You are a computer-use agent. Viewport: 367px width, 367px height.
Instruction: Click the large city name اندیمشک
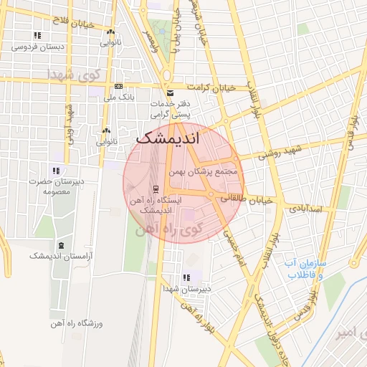(168, 138)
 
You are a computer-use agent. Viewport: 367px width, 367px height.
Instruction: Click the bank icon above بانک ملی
(119, 85)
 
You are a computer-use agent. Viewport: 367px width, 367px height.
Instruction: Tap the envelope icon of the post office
(170, 93)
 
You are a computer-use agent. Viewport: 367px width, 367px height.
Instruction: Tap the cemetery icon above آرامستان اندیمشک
(60, 246)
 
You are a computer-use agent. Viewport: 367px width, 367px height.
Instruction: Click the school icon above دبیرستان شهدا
(187, 277)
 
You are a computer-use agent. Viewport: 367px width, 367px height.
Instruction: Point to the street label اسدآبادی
(308, 209)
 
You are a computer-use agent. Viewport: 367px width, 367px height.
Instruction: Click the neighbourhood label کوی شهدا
(72, 75)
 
